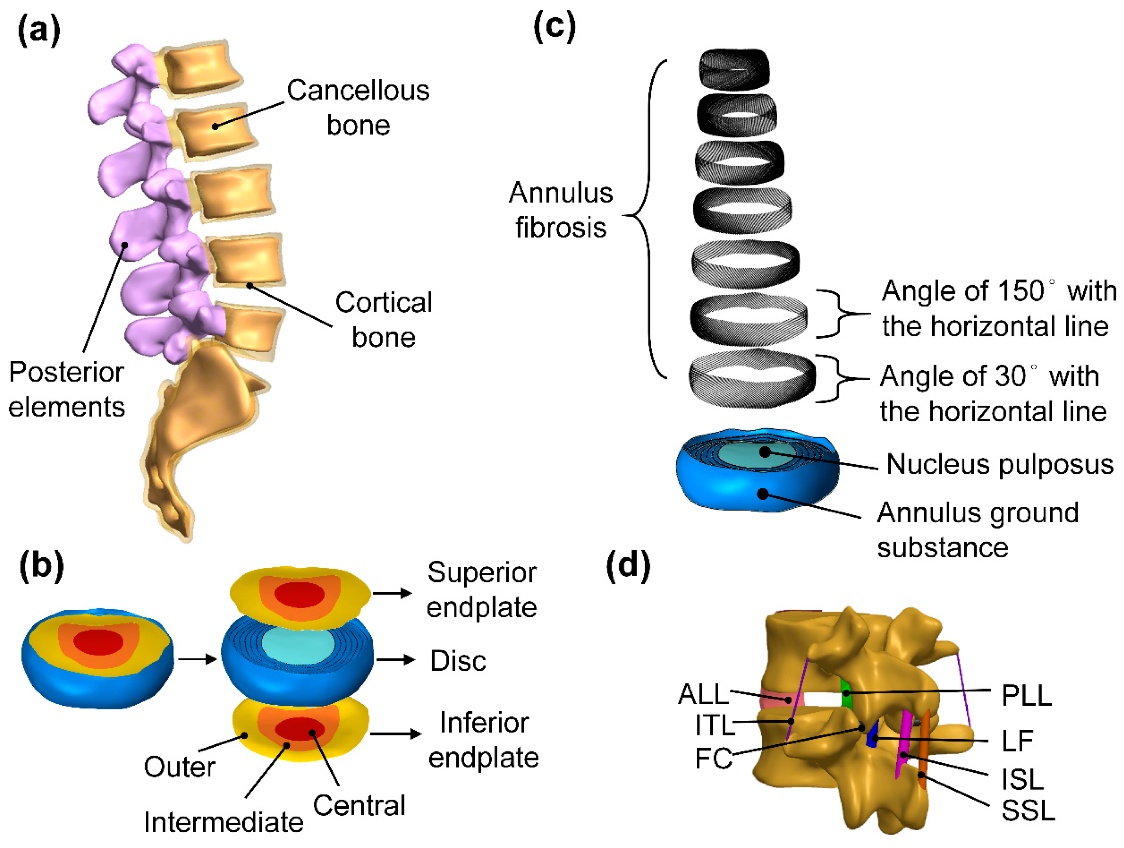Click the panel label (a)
click(x=39, y=31)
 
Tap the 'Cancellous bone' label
click(x=358, y=108)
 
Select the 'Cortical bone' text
click(x=384, y=320)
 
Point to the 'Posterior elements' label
click(x=66, y=389)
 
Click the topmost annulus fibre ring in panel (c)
click(x=734, y=69)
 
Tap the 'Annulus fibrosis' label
click(x=561, y=209)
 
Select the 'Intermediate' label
click(x=223, y=822)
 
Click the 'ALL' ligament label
click(x=703, y=694)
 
